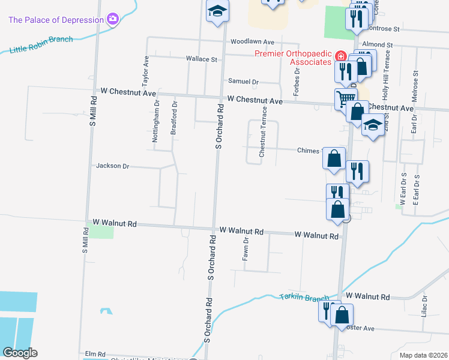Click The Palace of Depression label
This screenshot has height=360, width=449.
tap(56, 20)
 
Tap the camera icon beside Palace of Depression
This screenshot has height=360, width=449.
tap(112, 20)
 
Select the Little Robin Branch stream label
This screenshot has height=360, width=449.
tap(41, 44)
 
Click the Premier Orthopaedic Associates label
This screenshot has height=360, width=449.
tap(293, 58)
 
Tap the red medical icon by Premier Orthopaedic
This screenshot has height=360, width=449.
tap(340, 56)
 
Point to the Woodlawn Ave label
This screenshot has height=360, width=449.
tap(252, 42)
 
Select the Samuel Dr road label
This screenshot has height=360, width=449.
tap(243, 82)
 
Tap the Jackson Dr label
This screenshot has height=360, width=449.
tap(112, 166)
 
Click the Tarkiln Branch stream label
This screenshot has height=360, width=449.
tap(304, 298)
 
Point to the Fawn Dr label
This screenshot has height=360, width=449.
tap(246, 249)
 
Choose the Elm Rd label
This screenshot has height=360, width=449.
tap(95, 354)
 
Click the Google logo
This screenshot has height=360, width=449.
tap(20, 353)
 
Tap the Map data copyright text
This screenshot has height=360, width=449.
tap(423, 355)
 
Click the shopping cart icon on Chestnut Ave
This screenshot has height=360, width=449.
tap(345, 99)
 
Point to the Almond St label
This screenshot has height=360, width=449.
tap(377, 45)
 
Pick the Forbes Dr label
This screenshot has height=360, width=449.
tap(297, 80)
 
